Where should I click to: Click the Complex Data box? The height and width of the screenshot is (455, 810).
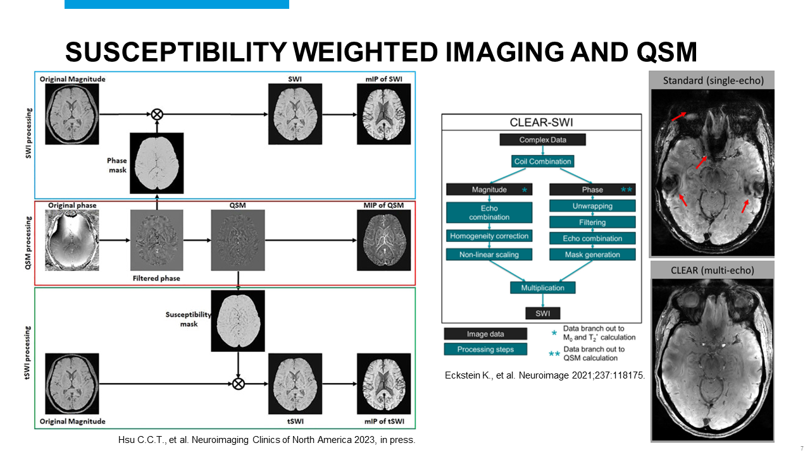pyautogui.click(x=542, y=140)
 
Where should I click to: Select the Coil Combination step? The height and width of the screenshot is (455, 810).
pyautogui.click(x=542, y=161)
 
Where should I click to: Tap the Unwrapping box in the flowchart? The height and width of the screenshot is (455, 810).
pyautogui.click(x=592, y=205)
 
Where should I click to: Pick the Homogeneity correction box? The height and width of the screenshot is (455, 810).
pyautogui.click(x=490, y=236)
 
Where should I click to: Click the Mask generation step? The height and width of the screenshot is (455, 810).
pyautogui.click(x=592, y=255)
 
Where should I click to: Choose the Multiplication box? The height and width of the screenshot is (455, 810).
pyautogui.click(x=542, y=288)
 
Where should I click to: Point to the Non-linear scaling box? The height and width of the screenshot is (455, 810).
pyautogui.click(x=490, y=255)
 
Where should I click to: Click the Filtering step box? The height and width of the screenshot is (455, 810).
pyautogui.click(x=592, y=222)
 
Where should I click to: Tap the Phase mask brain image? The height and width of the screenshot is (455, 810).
pyautogui.click(x=156, y=162)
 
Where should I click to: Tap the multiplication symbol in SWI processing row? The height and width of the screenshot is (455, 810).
pyautogui.click(x=156, y=114)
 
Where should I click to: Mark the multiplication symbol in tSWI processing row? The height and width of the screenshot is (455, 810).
pyautogui.click(x=238, y=383)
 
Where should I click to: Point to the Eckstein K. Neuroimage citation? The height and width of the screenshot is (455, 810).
pyautogui.click(x=545, y=375)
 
